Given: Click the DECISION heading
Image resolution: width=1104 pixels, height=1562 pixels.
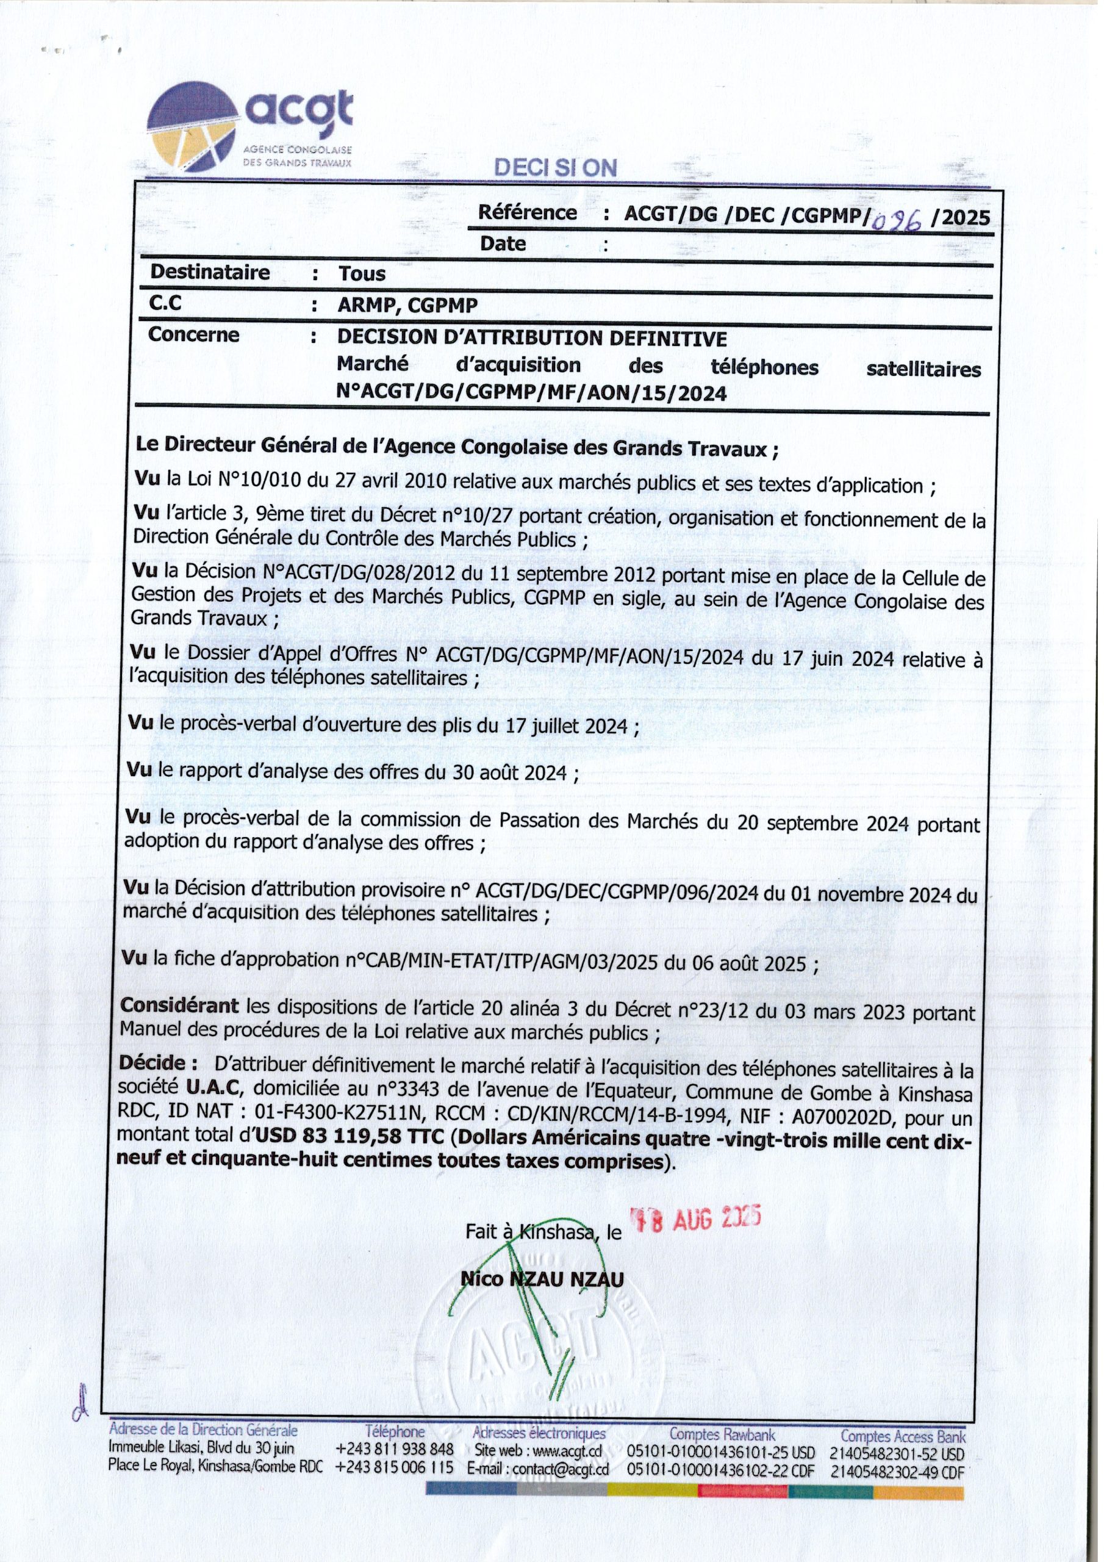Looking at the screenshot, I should click(x=556, y=169).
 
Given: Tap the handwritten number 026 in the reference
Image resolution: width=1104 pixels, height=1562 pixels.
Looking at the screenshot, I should click(x=896, y=220).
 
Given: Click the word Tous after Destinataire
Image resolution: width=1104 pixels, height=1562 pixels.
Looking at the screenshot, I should click(x=362, y=273).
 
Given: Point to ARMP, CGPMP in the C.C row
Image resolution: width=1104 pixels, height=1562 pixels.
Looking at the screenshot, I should click(x=407, y=306).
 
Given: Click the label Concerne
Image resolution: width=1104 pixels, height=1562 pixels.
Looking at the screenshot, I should click(x=194, y=335).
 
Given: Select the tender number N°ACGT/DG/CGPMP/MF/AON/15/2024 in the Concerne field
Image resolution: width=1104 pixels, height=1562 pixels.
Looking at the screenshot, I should click(x=531, y=392).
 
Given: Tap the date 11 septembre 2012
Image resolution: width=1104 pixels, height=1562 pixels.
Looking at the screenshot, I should click(x=573, y=574).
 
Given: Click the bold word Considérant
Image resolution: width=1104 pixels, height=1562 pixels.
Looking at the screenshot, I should click(x=179, y=1006).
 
